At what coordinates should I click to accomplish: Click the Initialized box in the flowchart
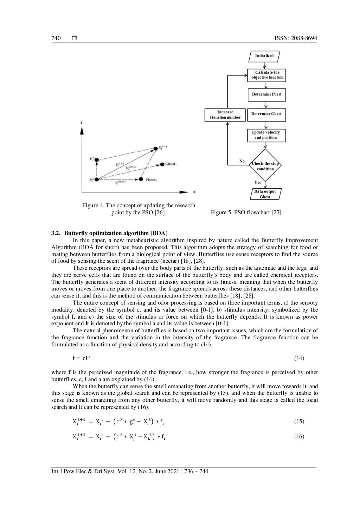point(264,56)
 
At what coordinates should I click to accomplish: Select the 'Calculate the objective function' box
point(267,75)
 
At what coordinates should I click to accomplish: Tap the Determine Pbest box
point(266,94)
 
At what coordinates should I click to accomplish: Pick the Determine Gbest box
point(266,114)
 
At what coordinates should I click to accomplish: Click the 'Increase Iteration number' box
point(225,115)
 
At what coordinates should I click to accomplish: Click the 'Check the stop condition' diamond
point(265,166)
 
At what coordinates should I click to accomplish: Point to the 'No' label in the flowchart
point(242,161)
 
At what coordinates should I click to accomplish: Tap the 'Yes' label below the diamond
point(258,183)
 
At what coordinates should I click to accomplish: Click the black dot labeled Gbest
point(162,164)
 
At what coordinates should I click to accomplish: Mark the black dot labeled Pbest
point(141,179)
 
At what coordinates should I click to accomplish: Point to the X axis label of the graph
point(194,192)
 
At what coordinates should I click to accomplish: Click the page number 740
point(56,38)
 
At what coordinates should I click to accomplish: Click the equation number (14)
point(299,358)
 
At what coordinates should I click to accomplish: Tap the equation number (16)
point(299,437)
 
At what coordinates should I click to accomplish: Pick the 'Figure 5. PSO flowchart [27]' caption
point(246,212)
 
